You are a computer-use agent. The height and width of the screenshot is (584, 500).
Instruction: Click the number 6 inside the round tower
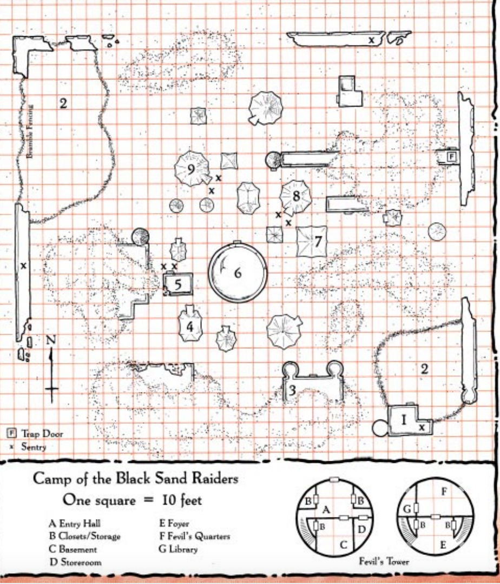pos(238,273)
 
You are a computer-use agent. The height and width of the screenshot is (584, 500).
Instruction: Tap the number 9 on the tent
pos(191,169)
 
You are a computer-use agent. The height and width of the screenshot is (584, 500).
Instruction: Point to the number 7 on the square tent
pos(318,241)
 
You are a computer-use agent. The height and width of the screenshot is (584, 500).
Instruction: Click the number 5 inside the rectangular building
pos(178,284)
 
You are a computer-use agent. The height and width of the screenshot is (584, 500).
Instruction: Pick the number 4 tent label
pos(189,327)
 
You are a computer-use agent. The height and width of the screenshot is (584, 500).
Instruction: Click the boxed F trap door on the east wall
pos(452,156)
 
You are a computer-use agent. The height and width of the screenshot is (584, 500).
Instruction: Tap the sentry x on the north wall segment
pos(371,40)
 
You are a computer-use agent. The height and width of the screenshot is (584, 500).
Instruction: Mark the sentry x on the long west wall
pos(23,266)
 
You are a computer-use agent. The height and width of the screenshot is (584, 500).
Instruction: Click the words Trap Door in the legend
pos(42,434)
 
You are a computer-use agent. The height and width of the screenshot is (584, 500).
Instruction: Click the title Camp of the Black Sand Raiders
pos(135,479)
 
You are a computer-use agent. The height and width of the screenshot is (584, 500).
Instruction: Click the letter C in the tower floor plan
pos(344,545)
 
